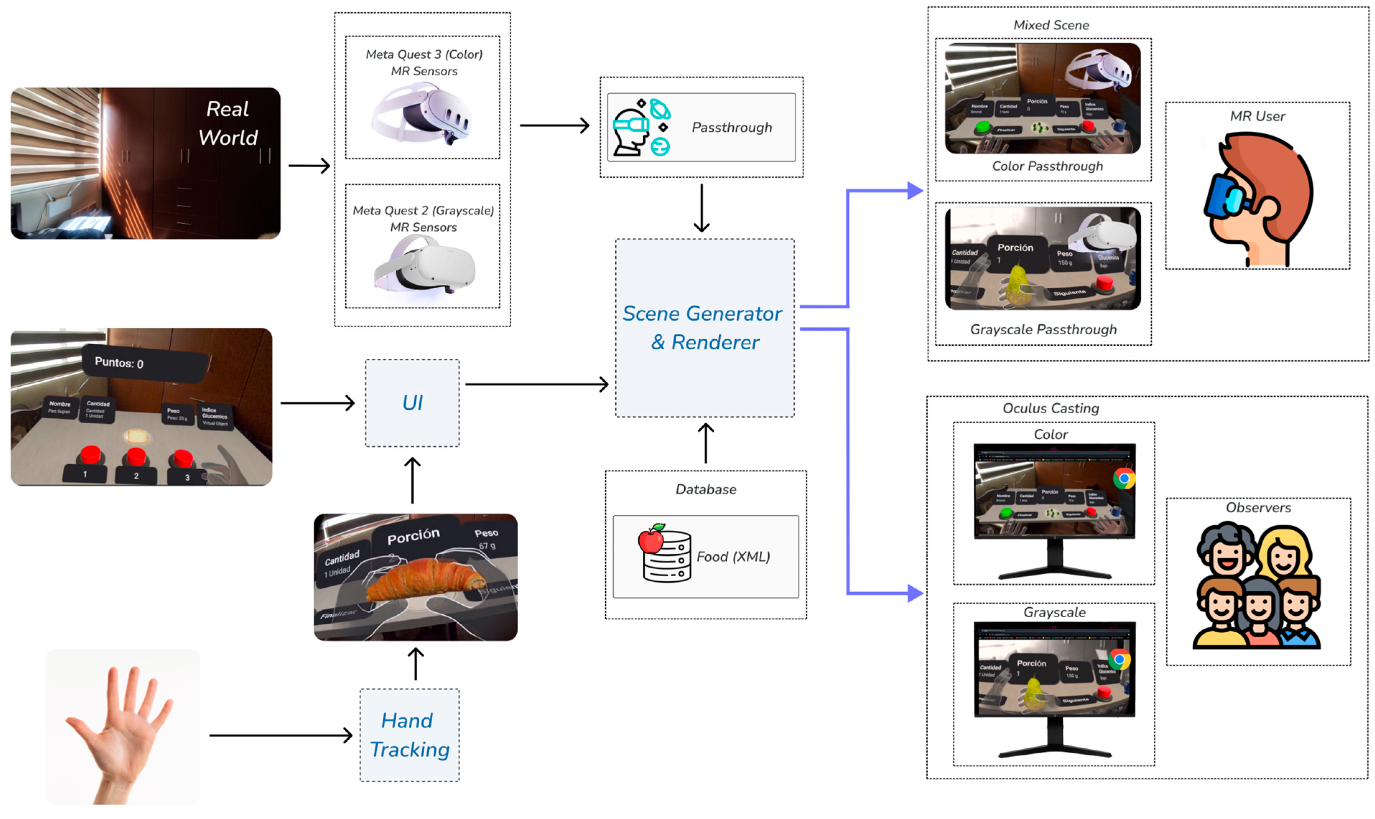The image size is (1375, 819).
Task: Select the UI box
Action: pos(412,403)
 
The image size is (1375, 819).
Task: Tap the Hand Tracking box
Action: pos(409,735)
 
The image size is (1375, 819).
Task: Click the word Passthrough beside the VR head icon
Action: pos(732,127)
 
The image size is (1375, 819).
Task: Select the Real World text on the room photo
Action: pos(228,123)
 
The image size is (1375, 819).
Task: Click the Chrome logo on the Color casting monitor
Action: pos(1123,479)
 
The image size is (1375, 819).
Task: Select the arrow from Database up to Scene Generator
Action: pos(706,443)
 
